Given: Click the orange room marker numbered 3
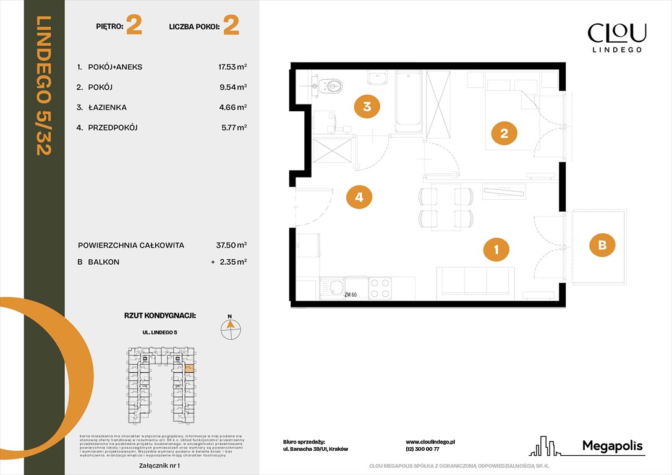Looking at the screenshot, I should [367, 107].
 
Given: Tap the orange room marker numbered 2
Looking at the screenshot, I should [504, 134].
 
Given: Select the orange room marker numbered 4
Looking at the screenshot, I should [359, 198].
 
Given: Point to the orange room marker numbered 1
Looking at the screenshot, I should [496, 250].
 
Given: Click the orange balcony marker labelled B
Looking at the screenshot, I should [602, 246].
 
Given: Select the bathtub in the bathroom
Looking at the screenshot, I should [408, 101].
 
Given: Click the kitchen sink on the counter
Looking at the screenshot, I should [338, 288].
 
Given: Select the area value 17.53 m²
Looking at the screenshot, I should [230, 67].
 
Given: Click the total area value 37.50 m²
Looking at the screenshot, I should [229, 245].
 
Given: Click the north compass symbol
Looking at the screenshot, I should [231, 328].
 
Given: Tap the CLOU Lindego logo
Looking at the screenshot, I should [616, 36].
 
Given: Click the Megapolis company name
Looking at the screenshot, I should [612, 446].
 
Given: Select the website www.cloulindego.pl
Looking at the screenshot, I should [430, 442].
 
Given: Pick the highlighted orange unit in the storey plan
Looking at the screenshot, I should [189, 369].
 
